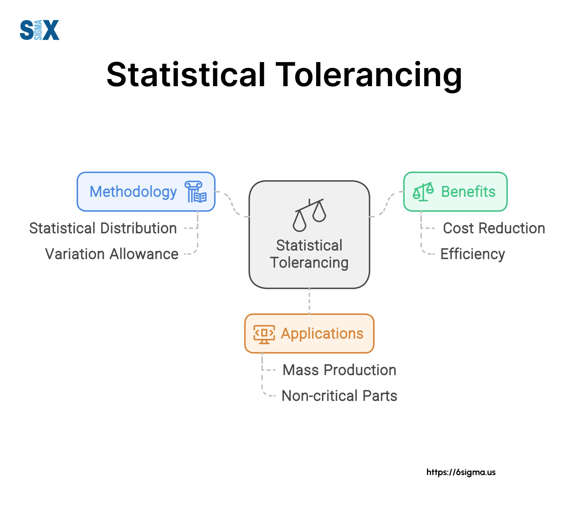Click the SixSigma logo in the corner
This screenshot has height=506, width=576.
click(39, 30)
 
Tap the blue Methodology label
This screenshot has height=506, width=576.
click(133, 192)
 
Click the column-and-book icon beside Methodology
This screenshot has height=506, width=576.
click(196, 192)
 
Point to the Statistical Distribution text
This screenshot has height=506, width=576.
click(103, 228)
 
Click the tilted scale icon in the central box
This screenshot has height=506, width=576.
click(309, 215)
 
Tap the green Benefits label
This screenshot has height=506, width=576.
click(468, 192)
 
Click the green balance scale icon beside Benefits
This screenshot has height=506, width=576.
click(423, 192)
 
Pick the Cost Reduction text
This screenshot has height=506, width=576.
click(494, 228)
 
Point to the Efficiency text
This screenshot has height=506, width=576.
click(472, 254)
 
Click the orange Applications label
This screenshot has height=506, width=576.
click(322, 334)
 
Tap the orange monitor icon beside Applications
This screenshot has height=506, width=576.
click(264, 334)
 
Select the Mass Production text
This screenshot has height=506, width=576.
click(339, 370)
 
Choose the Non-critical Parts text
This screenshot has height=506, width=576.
click(339, 396)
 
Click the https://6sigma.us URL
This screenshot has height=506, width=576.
click(461, 472)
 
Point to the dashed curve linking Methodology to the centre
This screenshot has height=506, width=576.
click(232, 204)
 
